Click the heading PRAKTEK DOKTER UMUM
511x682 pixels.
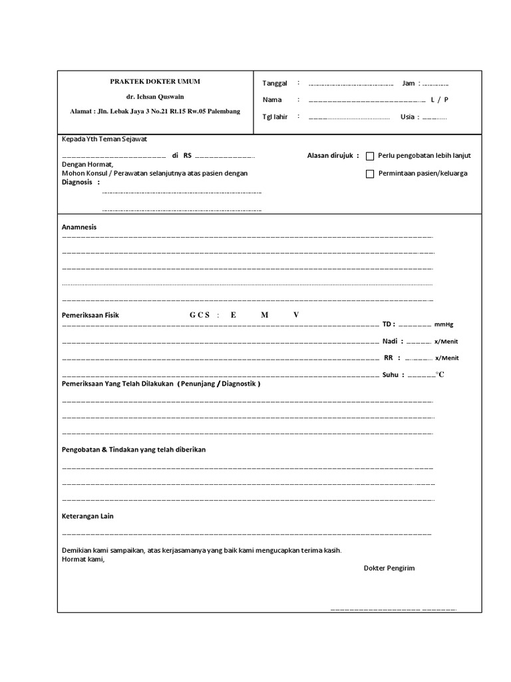tap(155, 81)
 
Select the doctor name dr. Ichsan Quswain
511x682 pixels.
tap(155, 97)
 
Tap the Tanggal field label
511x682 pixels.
tap(275, 83)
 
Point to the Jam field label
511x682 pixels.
tap(408, 83)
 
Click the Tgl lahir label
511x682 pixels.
tap(275, 117)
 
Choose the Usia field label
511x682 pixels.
tap(408, 117)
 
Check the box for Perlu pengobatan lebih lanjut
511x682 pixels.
tap(371, 156)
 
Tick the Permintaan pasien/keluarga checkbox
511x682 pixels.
tap(371, 174)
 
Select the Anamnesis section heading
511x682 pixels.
tap(79, 227)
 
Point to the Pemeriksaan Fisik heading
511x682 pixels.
tap(90, 315)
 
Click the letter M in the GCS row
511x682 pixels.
tap(265, 315)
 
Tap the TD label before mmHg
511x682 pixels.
tap(388, 324)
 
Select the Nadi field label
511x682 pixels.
tap(391, 341)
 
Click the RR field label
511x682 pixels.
tap(389, 358)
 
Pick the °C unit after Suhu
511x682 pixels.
tap(440, 374)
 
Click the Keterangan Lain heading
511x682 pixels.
tap(88, 516)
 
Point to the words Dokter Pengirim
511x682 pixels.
tap(389, 568)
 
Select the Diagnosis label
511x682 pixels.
tap(77, 182)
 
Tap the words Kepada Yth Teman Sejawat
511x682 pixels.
tap(104, 139)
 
